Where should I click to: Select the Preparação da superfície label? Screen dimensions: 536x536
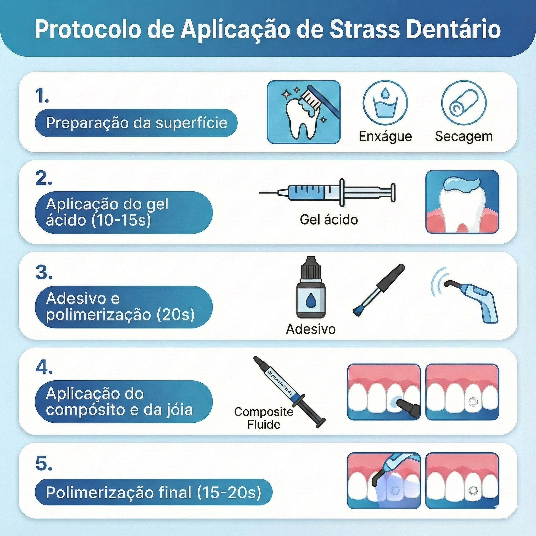click(136, 123)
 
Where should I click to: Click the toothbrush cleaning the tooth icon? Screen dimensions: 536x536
click(304, 112)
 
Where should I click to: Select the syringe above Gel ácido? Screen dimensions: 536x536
click(327, 192)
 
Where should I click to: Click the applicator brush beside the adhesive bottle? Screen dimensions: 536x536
click(379, 290)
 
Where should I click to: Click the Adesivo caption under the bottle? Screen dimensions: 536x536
click(311, 329)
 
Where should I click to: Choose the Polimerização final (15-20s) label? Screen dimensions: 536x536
click(153, 493)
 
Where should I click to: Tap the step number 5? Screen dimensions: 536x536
click(44, 464)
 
